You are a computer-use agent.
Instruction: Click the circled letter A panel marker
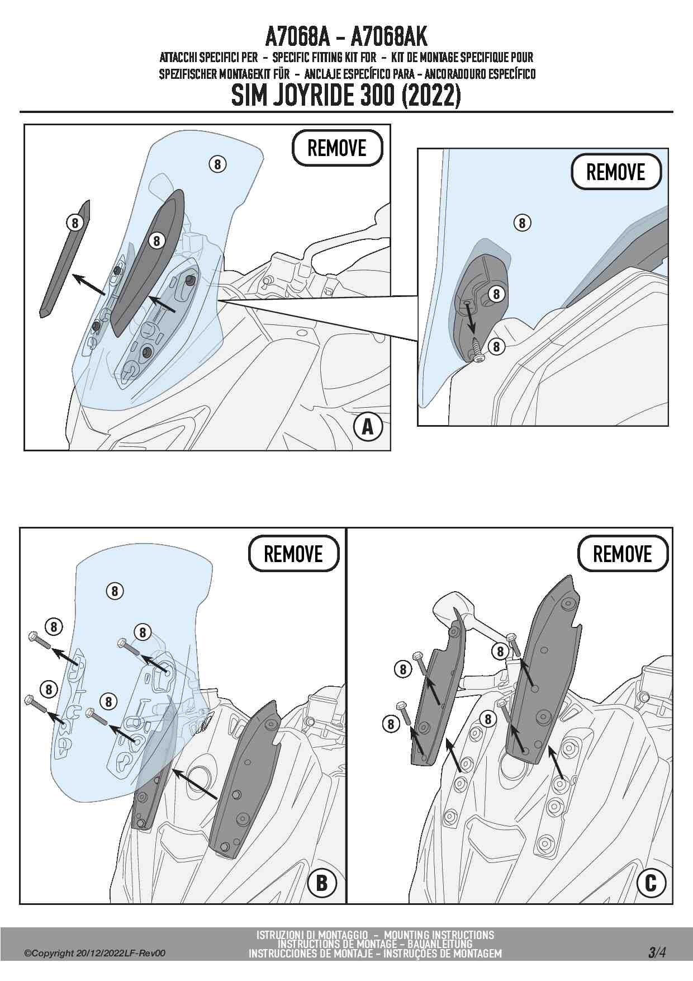pos(368,427)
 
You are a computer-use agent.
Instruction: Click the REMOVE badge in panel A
pos(337,148)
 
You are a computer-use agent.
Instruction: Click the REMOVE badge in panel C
pos(622,554)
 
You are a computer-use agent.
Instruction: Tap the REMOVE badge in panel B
pos(293,554)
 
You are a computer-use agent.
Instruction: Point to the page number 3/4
pos(657,952)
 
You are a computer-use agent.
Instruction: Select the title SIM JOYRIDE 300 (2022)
pos(346,96)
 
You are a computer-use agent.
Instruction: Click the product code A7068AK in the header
pos(389,37)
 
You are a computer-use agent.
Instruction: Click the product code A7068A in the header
pos(298,37)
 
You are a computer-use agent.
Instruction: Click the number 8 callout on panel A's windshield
pos(217,164)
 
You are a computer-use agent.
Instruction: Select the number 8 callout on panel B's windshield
pos(115,591)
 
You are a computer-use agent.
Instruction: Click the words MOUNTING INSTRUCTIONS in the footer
pos(439,935)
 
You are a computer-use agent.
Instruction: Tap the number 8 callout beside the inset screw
pos(496,346)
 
